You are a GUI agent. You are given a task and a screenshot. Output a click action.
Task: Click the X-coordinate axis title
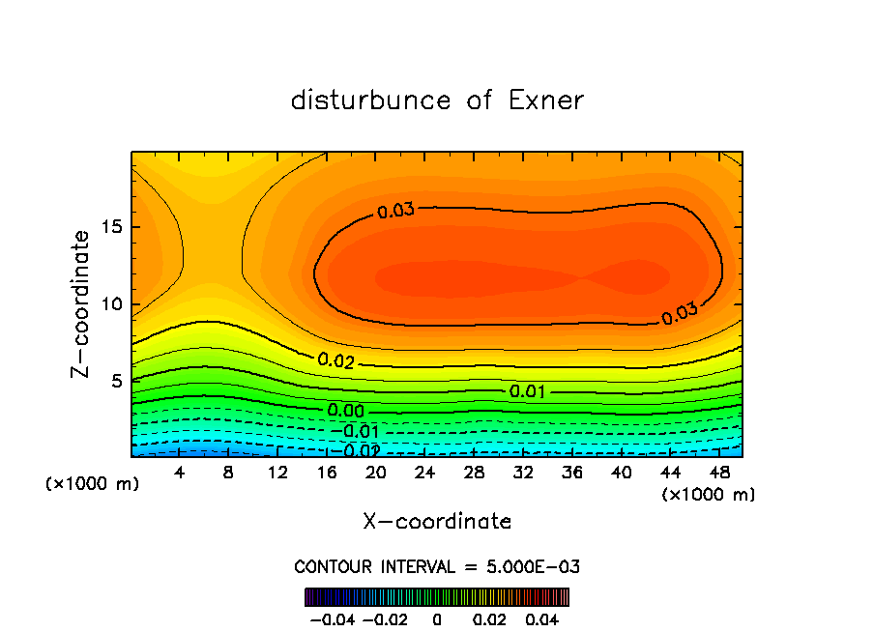click(x=437, y=522)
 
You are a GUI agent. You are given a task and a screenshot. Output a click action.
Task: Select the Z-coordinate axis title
click(x=83, y=303)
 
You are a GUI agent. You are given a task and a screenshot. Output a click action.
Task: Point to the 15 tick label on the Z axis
click(x=112, y=227)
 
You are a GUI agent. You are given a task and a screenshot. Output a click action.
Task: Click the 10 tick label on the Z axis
click(x=112, y=304)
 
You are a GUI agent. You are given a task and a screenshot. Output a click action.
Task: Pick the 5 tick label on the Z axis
click(x=117, y=381)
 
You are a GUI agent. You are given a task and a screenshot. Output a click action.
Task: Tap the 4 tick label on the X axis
click(x=179, y=473)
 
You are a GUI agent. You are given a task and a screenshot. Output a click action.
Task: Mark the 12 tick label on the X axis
click(x=277, y=473)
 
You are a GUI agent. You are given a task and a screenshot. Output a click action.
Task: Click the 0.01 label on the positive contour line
click(x=527, y=391)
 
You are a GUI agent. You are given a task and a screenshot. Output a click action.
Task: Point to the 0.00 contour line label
click(x=345, y=412)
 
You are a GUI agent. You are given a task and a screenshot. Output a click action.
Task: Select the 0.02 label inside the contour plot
click(x=335, y=361)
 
